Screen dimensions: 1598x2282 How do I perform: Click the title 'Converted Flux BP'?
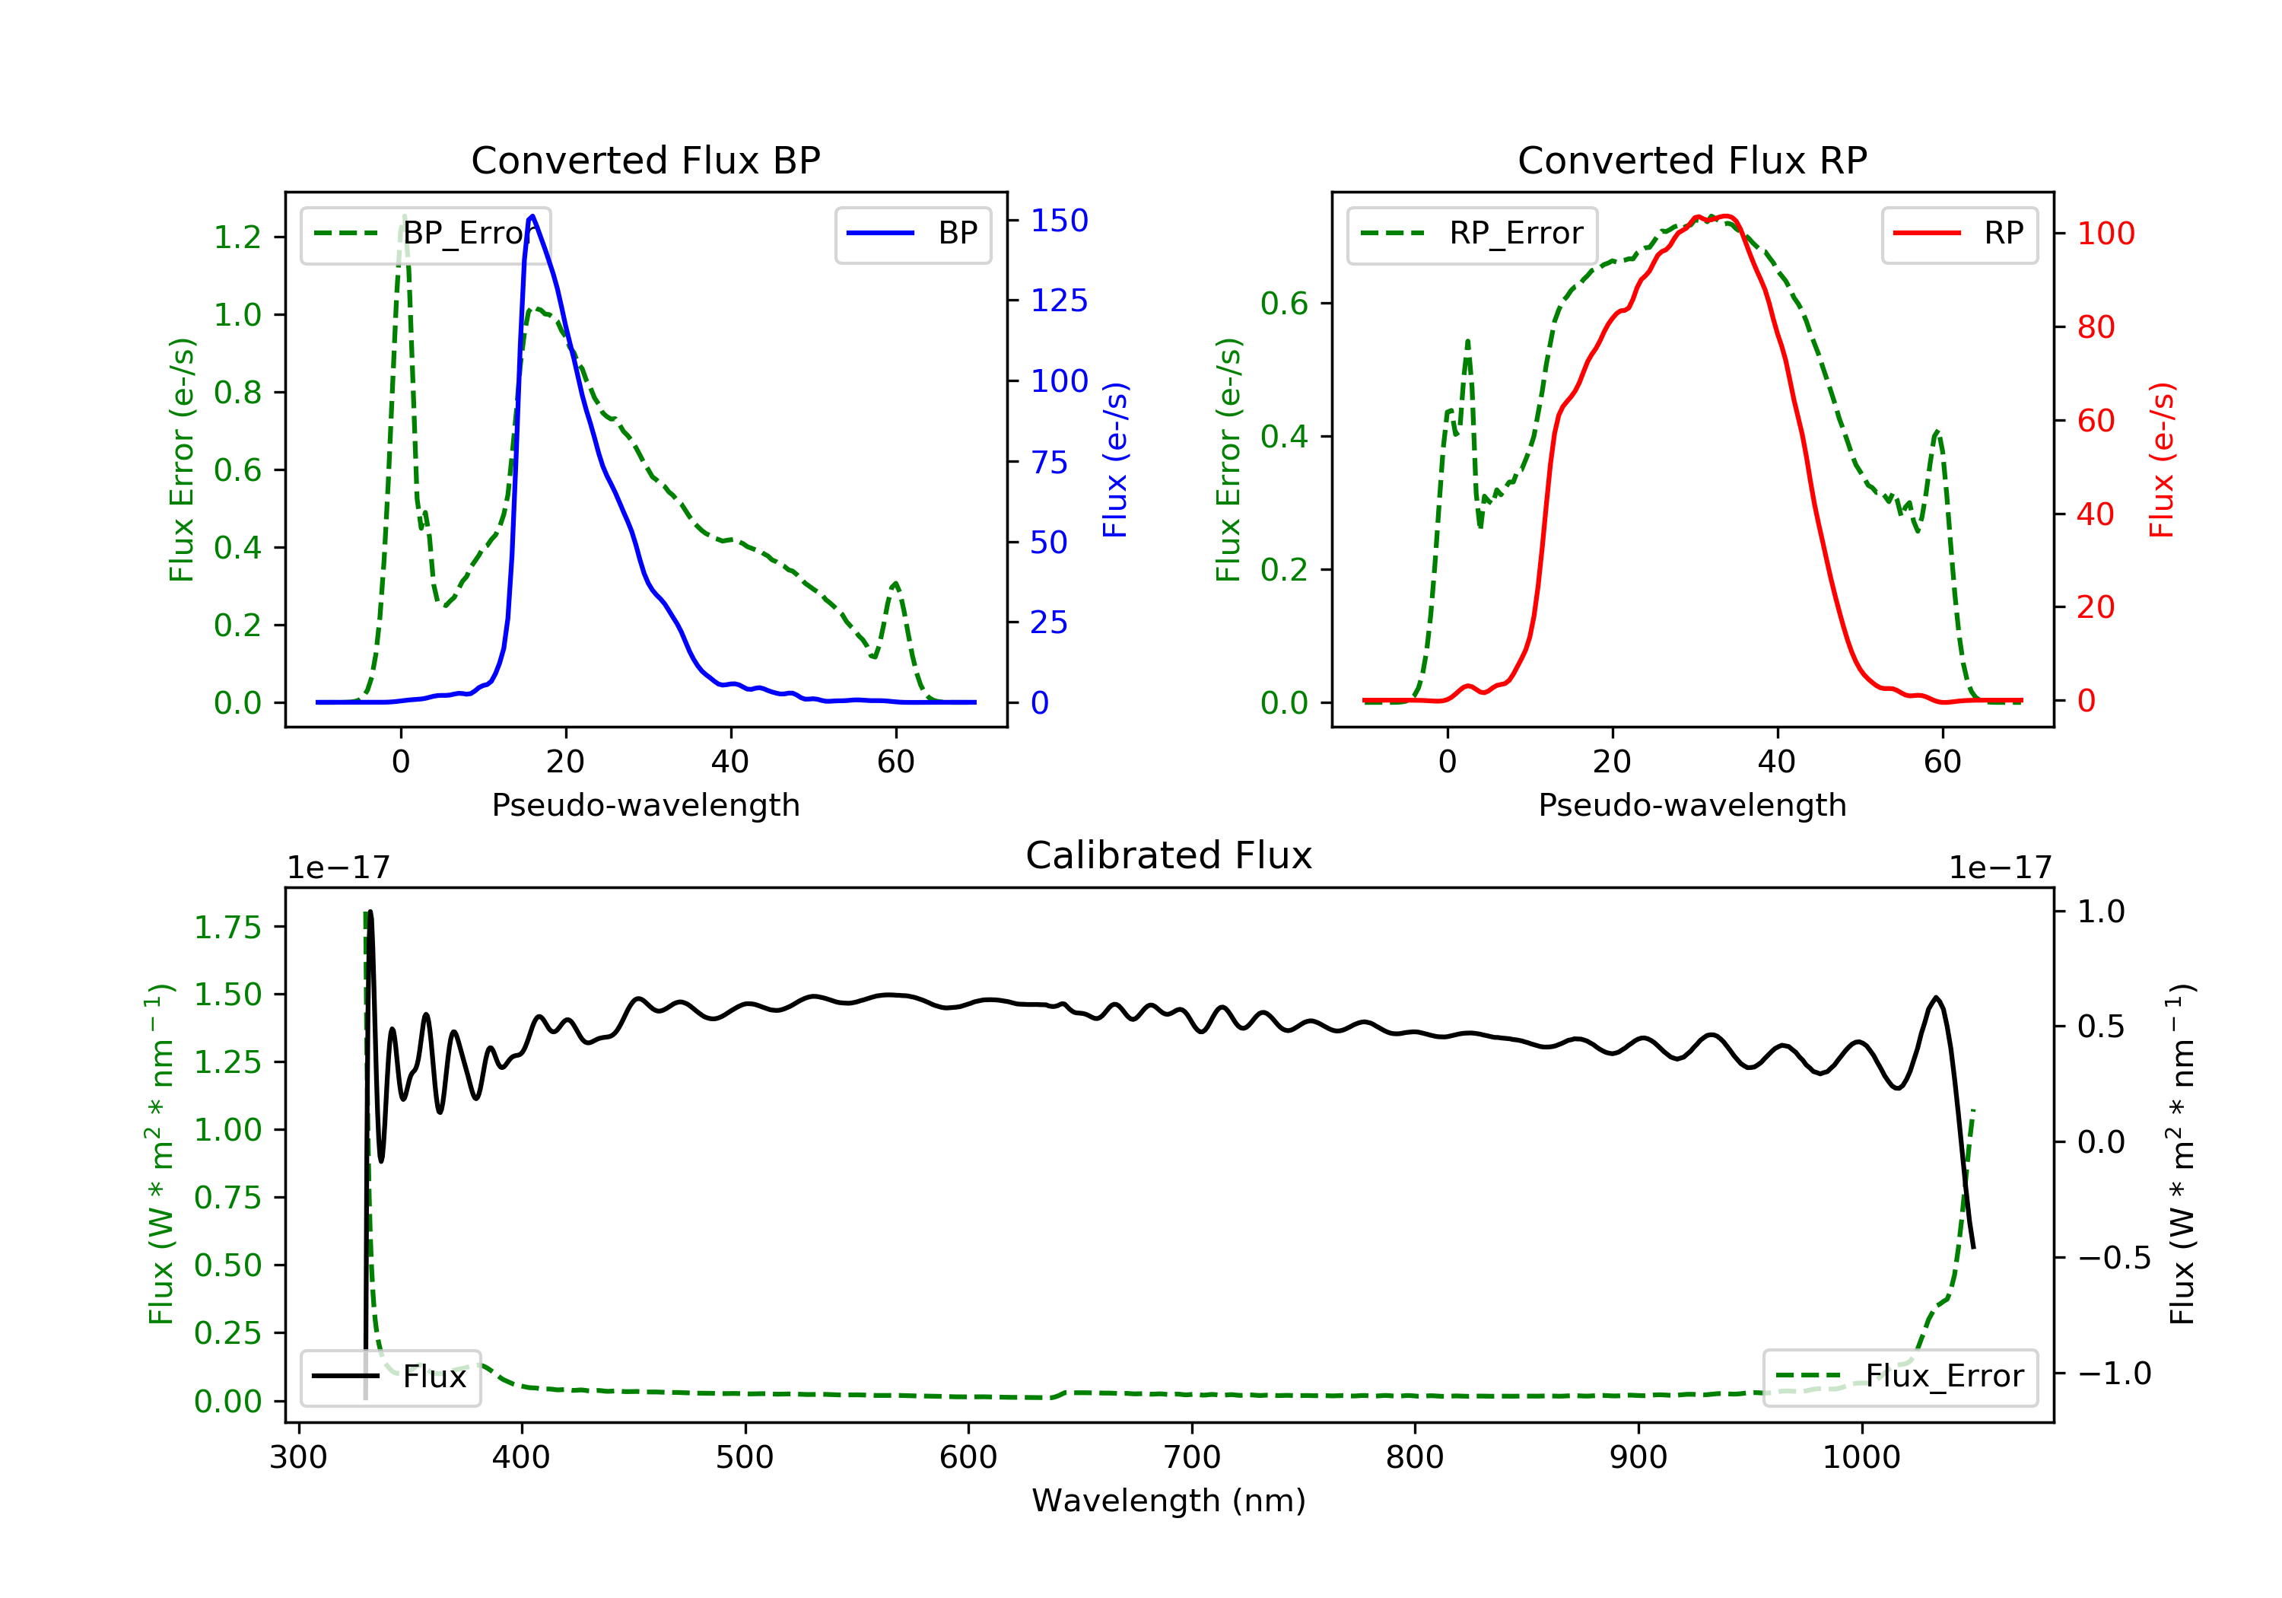tap(645, 160)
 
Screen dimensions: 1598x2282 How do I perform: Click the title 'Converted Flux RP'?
tap(1692, 160)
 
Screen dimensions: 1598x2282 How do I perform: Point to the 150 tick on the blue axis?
tap(1059, 221)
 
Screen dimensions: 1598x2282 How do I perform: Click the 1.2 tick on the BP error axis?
tap(237, 237)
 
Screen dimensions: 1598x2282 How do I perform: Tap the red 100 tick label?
tap(2105, 234)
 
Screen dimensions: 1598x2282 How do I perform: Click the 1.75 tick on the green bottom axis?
tap(227, 928)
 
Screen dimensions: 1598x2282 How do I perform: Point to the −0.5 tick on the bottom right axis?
tap(2113, 1258)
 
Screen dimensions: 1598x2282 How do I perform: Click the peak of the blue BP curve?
tap(532, 216)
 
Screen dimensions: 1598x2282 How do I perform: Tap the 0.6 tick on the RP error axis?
tap(1284, 304)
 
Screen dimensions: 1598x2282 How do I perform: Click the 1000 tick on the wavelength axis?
tap(1861, 1458)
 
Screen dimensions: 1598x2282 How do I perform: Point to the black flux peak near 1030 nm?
tap(1935, 998)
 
